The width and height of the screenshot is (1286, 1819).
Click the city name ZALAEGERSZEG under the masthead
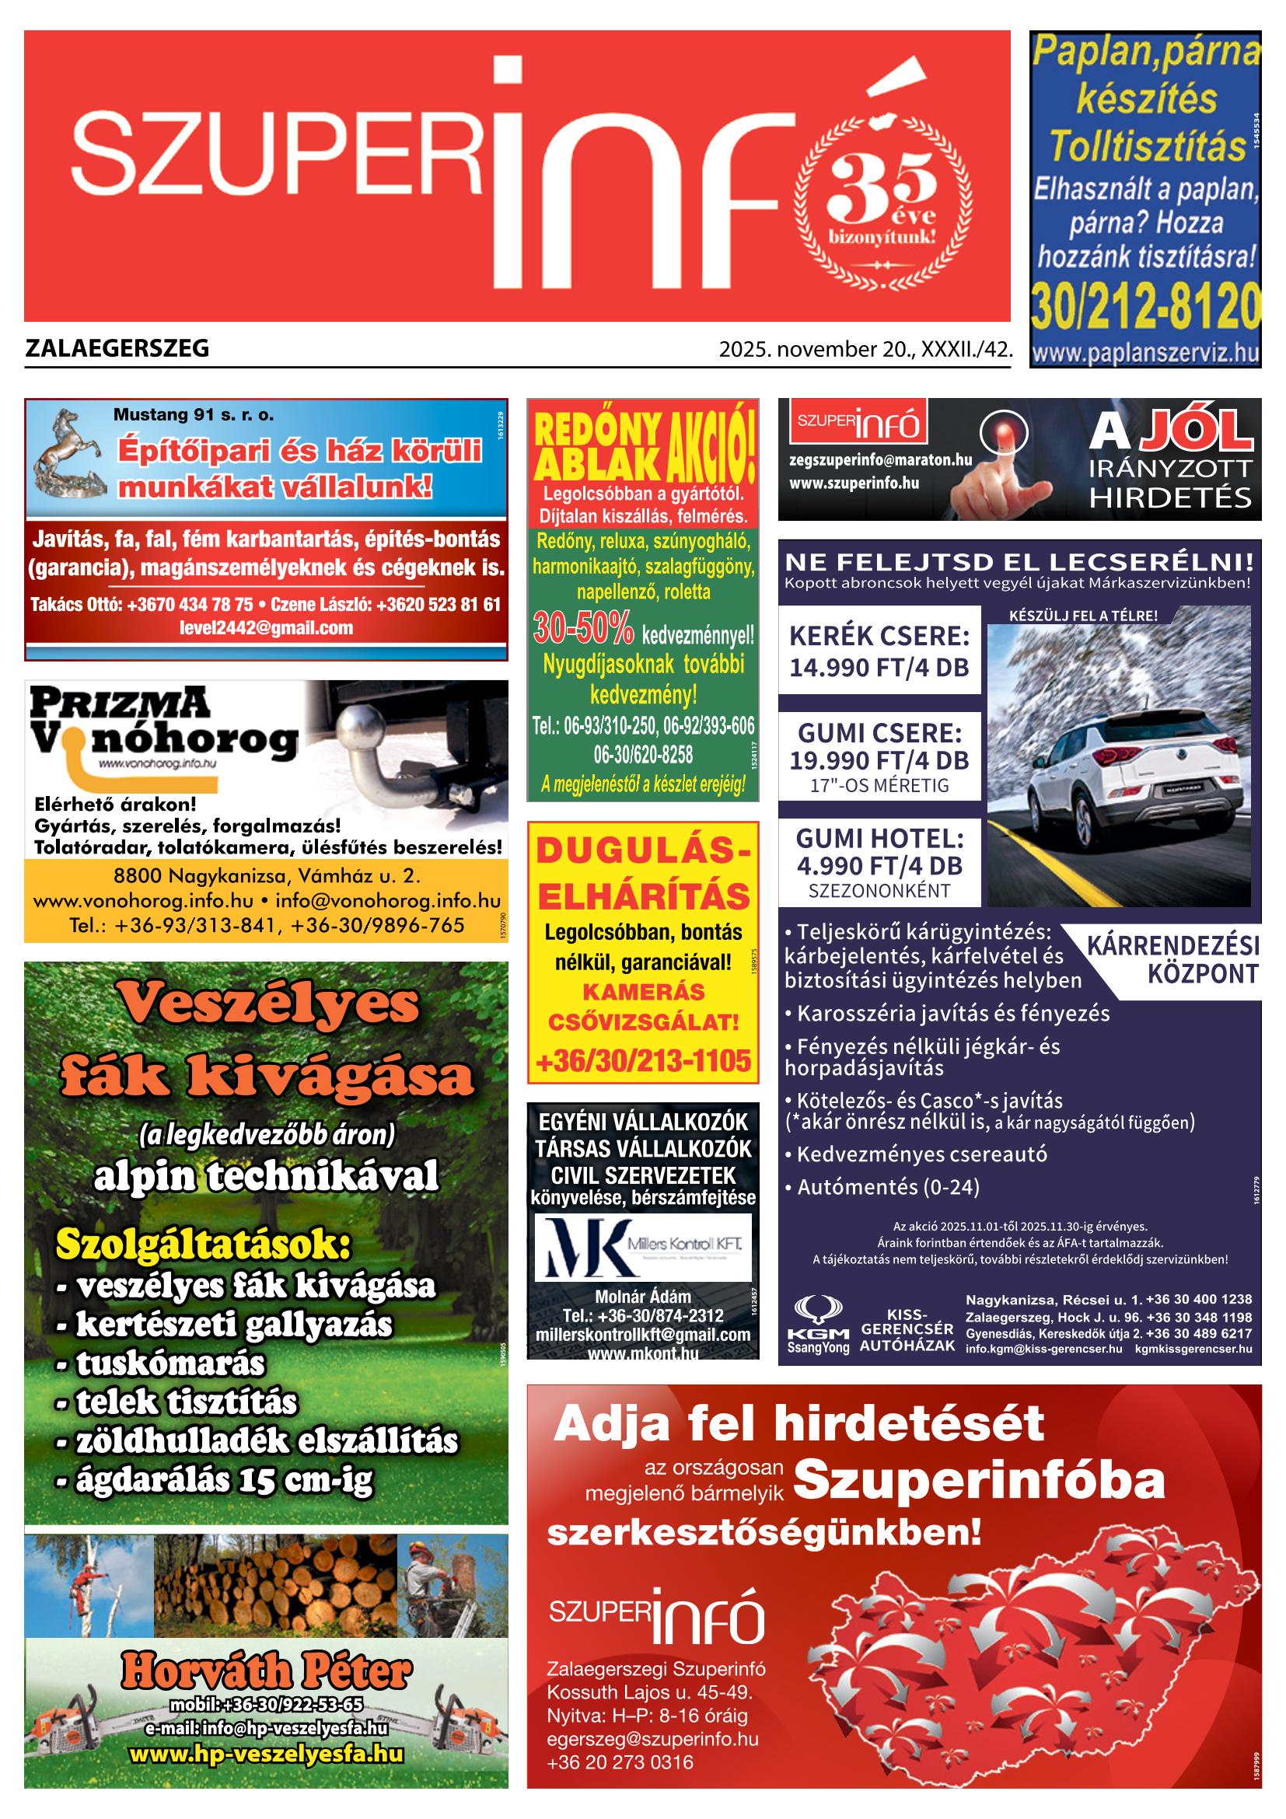tap(117, 347)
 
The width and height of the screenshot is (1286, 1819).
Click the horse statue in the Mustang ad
tap(70, 451)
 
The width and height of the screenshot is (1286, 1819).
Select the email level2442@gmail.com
tap(266, 628)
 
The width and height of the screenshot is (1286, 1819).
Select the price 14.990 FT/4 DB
tap(879, 666)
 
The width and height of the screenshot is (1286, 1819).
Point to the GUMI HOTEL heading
tap(879, 837)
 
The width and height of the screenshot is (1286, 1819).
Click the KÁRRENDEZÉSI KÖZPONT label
tap(1172, 958)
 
